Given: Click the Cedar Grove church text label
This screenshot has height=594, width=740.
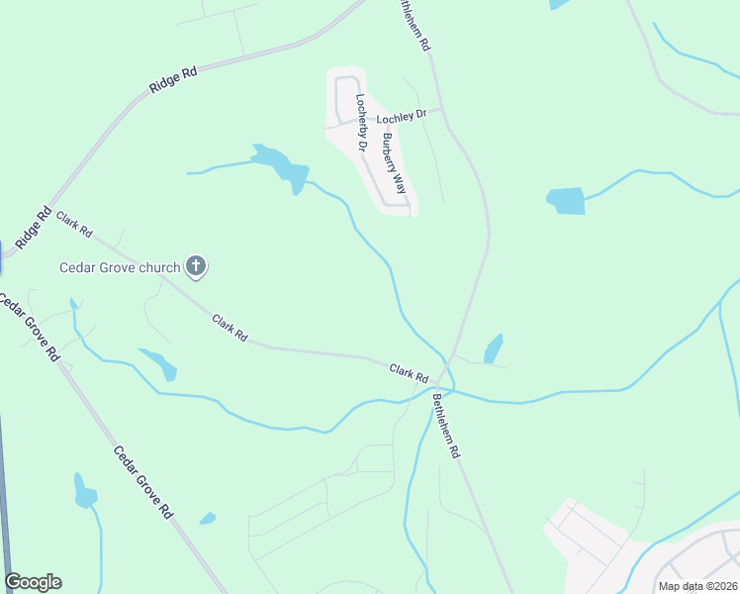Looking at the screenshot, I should coord(120,266).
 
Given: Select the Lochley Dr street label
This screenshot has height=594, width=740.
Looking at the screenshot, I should coord(401,116).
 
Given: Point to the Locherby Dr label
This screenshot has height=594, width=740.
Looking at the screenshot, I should coord(362,123).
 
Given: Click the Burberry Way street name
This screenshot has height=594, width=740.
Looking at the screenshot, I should coord(395,163).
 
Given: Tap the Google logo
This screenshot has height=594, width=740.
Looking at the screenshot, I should coord(33,582).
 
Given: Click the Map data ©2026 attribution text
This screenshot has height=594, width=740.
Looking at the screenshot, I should coord(697,586).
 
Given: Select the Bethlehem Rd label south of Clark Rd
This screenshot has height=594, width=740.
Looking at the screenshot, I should coord(446,425).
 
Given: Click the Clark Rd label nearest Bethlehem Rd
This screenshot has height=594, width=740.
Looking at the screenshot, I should coord(409,372).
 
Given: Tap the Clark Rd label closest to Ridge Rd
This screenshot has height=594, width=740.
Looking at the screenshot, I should coord(74,225).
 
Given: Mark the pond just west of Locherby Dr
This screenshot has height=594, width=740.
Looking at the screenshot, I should coord(279,166).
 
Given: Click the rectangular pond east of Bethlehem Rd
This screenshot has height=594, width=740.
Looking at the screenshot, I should coord(565,200).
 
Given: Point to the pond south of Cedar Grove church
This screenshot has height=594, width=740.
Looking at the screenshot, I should coord(158,363).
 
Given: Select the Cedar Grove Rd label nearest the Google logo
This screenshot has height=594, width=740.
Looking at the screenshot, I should coord(143,483).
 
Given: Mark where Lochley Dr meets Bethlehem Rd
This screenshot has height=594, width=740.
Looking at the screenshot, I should coord(441,109).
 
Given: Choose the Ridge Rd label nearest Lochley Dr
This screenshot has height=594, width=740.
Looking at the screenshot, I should coord(174,79).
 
